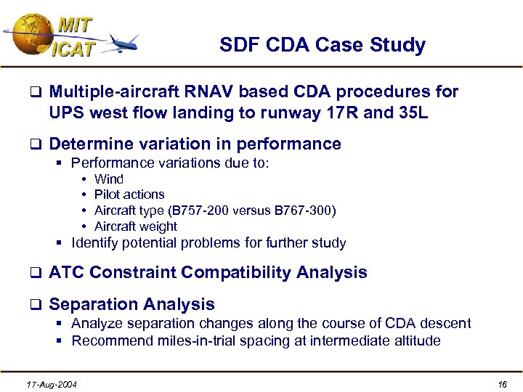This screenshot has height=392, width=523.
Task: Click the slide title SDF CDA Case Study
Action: coord(322,46)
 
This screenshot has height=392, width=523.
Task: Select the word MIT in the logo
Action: coord(74,25)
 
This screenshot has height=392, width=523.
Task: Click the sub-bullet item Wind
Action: coord(109,179)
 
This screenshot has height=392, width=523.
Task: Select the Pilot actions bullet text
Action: coord(129,195)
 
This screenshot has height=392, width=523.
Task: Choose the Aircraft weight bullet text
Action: coord(136,226)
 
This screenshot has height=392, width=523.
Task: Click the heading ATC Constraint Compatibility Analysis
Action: coord(208,273)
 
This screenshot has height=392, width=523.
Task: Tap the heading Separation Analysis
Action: coord(131,304)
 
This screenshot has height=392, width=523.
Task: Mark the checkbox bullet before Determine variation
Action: coord(34,144)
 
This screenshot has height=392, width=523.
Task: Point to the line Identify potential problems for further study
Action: coord(208,243)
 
